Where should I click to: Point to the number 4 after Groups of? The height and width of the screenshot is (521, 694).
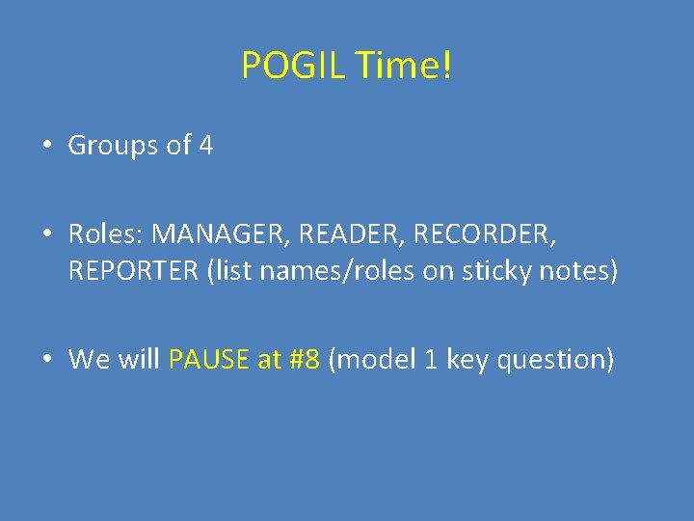tap(205, 146)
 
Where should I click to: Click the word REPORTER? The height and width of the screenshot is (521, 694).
tap(134, 271)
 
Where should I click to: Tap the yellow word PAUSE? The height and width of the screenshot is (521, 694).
tap(209, 360)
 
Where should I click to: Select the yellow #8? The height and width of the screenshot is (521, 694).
tap(303, 360)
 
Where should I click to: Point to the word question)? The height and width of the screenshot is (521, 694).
tap(551, 360)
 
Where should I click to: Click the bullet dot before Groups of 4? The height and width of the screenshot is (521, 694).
tap(46, 147)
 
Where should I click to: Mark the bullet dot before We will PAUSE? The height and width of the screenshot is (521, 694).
tap(46, 361)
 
